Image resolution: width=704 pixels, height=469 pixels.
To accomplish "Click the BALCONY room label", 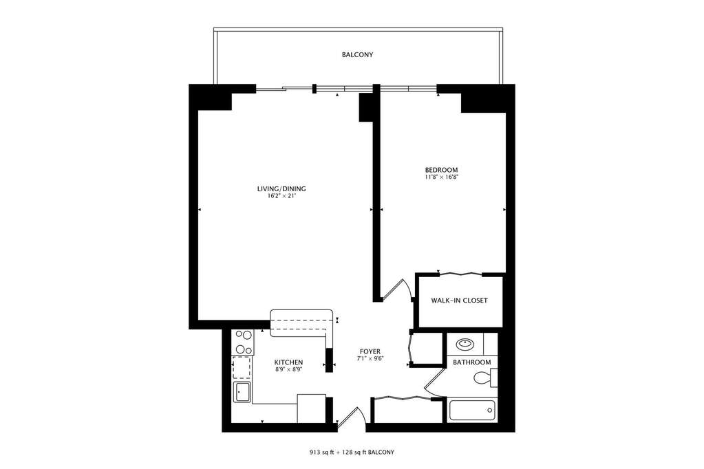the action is (x=357, y=55).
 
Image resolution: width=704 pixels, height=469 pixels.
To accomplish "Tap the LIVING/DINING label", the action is (x=281, y=189).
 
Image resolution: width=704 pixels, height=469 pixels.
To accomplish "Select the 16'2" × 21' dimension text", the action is (x=281, y=196).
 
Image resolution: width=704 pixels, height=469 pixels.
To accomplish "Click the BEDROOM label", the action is (x=441, y=170).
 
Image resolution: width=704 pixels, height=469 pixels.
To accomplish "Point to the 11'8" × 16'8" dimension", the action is (x=441, y=177).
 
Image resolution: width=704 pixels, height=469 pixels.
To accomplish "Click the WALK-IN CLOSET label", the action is (x=459, y=301).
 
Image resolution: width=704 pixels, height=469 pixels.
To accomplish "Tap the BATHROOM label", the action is (x=472, y=362).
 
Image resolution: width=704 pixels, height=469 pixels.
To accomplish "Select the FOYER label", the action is (x=370, y=351).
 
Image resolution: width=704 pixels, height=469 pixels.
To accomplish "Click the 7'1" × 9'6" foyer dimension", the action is (x=370, y=358).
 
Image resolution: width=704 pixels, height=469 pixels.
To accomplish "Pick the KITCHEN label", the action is (x=289, y=362).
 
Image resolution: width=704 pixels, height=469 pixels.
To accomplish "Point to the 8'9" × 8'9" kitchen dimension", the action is (x=289, y=369).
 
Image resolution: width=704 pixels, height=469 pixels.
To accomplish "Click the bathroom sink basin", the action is (x=465, y=345).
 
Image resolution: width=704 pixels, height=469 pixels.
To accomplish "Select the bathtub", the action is (x=472, y=411).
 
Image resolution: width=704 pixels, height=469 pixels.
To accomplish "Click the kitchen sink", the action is (x=242, y=393).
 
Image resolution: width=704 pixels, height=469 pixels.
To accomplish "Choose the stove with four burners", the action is (x=244, y=342).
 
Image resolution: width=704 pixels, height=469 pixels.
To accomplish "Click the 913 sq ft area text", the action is (x=321, y=452).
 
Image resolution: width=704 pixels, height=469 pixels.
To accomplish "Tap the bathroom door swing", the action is (x=434, y=383).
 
